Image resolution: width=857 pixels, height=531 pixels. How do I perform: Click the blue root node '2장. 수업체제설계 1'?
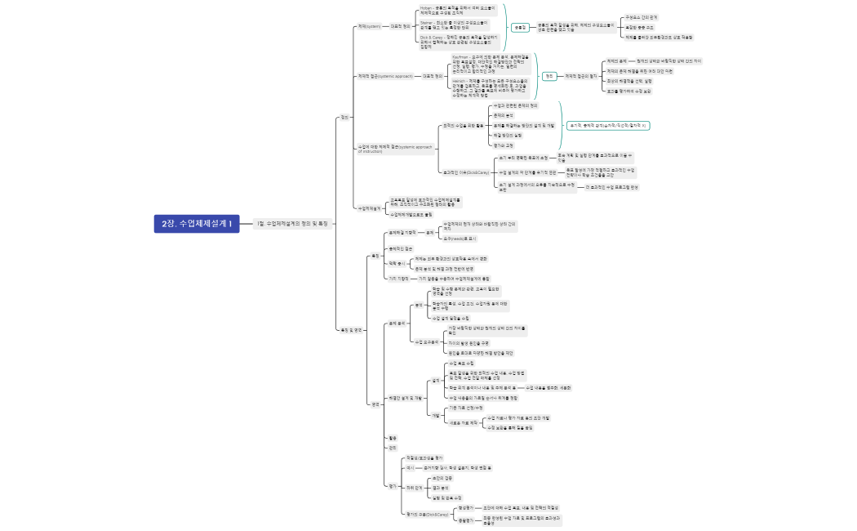(x=196, y=223)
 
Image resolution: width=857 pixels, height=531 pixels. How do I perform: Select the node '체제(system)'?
(x=369, y=26)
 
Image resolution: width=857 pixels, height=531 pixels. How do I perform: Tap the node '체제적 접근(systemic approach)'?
(x=384, y=76)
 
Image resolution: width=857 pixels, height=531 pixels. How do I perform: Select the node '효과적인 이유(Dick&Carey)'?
(x=465, y=172)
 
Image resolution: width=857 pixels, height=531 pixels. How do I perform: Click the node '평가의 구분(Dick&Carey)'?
(x=428, y=515)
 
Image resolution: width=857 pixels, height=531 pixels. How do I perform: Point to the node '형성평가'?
(x=466, y=507)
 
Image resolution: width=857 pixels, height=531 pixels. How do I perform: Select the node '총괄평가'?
(x=466, y=520)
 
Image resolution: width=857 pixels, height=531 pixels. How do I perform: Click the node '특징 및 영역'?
(x=352, y=330)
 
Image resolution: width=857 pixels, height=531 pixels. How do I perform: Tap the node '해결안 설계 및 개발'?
(x=406, y=398)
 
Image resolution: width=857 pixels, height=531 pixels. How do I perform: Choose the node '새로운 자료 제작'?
(x=464, y=422)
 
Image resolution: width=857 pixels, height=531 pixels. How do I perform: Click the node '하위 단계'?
(x=415, y=487)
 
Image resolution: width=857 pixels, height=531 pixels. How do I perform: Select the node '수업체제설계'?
(x=370, y=208)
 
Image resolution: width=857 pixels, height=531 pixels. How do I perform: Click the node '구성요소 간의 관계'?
(x=641, y=16)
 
